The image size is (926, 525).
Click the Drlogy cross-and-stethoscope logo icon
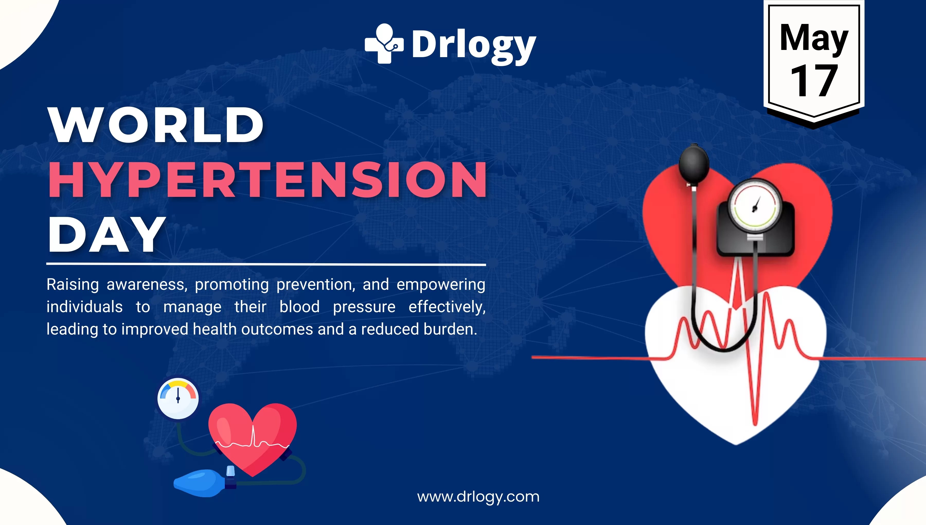tap(384, 44)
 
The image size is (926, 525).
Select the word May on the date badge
tap(814, 38)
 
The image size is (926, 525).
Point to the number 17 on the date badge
tap(813, 81)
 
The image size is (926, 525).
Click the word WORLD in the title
tap(156, 125)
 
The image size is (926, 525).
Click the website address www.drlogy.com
tap(478, 497)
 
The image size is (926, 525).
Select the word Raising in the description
tap(73, 285)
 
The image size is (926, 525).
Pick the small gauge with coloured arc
tap(178, 398)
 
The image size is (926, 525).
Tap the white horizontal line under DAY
tap(266, 265)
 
